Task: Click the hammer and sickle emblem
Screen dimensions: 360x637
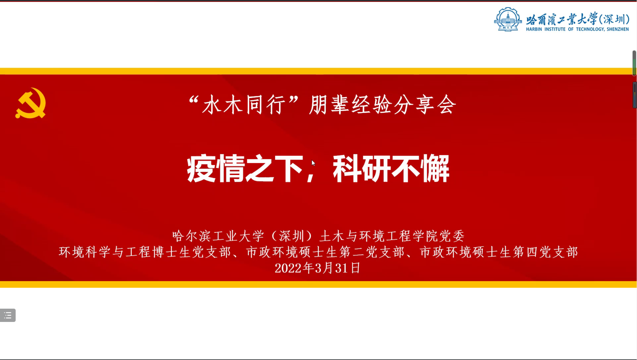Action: tap(31, 103)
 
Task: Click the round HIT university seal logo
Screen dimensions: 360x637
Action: tap(508, 19)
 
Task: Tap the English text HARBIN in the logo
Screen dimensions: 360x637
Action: tap(534, 29)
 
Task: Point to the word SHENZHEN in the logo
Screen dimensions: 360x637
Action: tap(618, 29)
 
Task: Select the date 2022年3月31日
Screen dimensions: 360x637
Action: tap(318, 268)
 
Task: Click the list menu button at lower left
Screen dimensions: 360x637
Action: tap(8, 315)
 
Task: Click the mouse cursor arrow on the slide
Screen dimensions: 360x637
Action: tap(313, 163)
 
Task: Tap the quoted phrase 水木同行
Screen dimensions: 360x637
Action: tap(244, 105)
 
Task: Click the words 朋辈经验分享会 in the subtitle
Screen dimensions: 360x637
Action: tap(383, 105)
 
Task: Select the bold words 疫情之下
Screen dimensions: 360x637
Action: tap(245, 169)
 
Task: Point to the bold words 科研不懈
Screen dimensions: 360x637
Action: tap(391, 169)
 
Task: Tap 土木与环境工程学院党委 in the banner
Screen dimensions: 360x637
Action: tap(392, 236)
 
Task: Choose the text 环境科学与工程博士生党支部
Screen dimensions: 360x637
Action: tap(145, 252)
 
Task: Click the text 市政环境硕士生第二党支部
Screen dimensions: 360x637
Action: tap(325, 252)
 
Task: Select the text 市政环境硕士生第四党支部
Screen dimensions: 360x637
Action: tap(499, 252)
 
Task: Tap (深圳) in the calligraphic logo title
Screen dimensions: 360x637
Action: tap(614, 19)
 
